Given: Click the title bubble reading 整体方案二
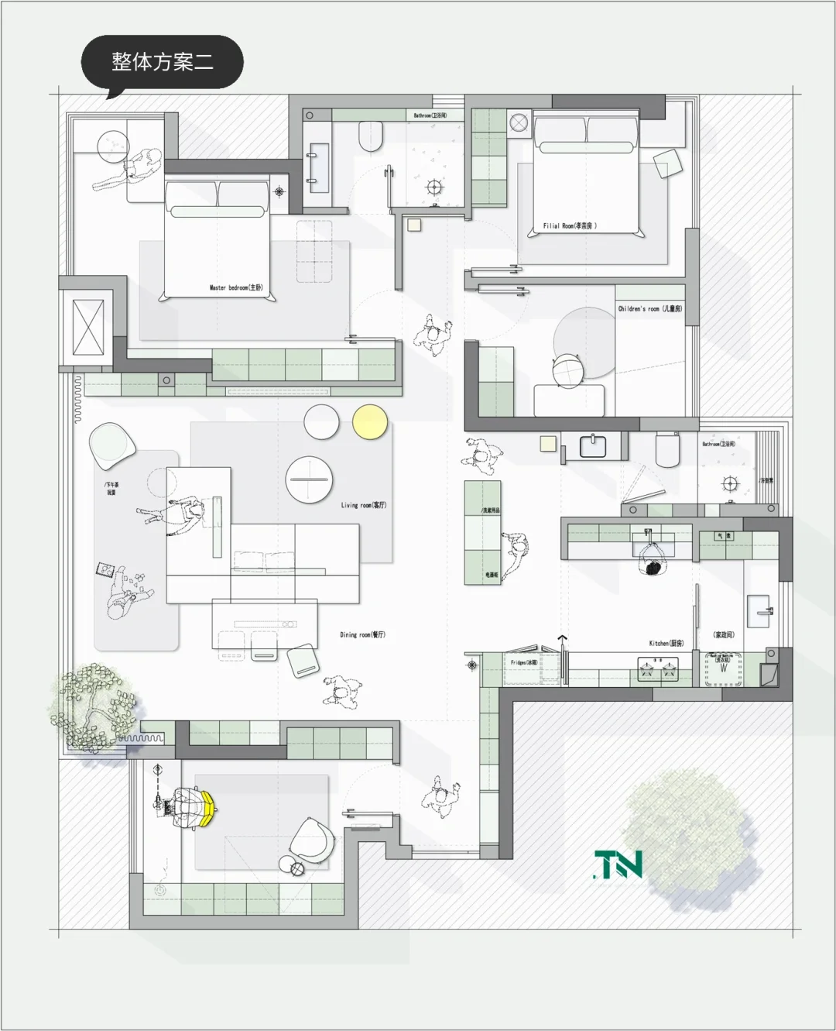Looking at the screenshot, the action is (162, 62).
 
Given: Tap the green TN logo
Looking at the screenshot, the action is (618, 864).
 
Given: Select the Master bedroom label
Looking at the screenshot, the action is (236, 287).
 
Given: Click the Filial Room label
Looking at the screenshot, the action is (570, 225).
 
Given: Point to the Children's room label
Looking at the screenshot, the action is (649, 308).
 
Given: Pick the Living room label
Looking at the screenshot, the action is (363, 505).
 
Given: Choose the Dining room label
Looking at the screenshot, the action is (362, 634).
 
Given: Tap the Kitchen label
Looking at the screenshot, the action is (666, 643).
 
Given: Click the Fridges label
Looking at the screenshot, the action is (523, 662).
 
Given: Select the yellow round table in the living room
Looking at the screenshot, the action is (370, 422).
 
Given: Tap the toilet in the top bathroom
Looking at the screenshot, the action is (372, 136).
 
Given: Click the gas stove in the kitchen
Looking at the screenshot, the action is (657, 668).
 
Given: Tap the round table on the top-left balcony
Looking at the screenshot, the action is (114, 143).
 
